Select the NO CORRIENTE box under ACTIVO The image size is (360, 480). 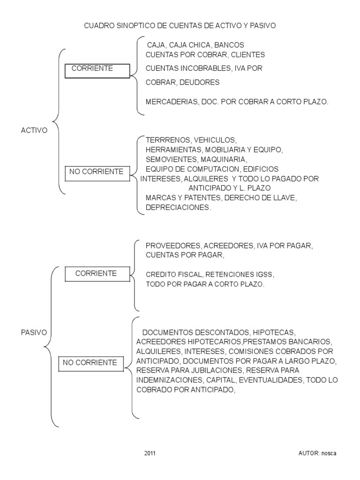click(97, 173)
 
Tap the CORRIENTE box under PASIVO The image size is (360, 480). click(97, 274)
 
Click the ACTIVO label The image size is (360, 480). click(34, 131)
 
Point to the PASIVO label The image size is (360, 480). click(34, 332)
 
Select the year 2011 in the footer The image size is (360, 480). click(150, 454)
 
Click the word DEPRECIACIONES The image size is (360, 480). click(178, 207)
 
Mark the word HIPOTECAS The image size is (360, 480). click(276, 331)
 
